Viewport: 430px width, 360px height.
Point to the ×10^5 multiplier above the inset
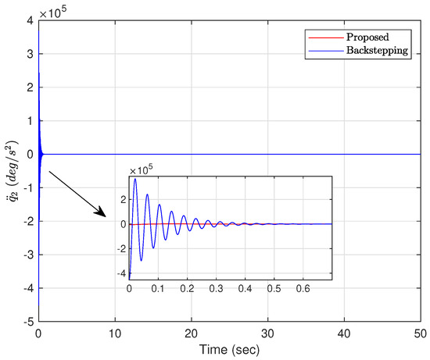pyautogui.click(x=142, y=169)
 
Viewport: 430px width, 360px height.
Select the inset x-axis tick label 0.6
pyautogui.click(x=303, y=289)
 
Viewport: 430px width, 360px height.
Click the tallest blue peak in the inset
pyautogui.click(x=135, y=180)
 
